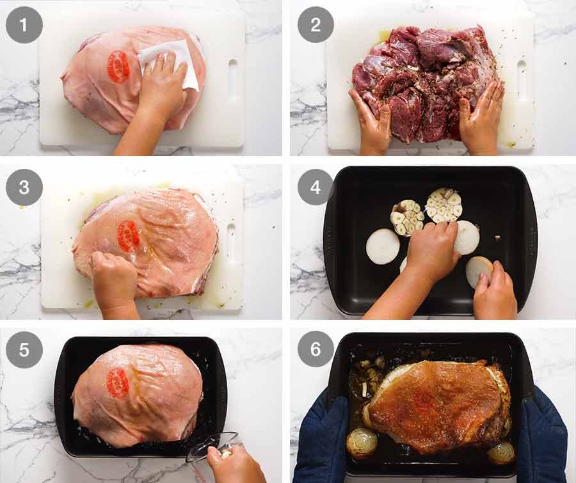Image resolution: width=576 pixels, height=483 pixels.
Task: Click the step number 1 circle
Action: click(24, 25)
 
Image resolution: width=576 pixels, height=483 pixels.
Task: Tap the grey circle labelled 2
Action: click(316, 25)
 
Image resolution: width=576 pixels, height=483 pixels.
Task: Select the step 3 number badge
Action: click(24, 187)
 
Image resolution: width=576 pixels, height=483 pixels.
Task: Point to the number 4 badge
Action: click(316, 187)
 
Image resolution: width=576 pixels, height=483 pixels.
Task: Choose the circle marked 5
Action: click(24, 349)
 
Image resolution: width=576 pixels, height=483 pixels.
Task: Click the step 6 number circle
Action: click(316, 349)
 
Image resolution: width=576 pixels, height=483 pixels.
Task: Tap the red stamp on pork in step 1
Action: click(118, 67)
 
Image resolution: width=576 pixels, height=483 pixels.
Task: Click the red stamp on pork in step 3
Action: click(128, 236)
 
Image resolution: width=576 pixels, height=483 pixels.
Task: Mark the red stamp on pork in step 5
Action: click(118, 383)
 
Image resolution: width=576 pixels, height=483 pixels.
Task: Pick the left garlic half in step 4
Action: click(407, 217)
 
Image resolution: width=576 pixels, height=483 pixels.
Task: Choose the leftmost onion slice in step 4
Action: click(383, 246)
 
